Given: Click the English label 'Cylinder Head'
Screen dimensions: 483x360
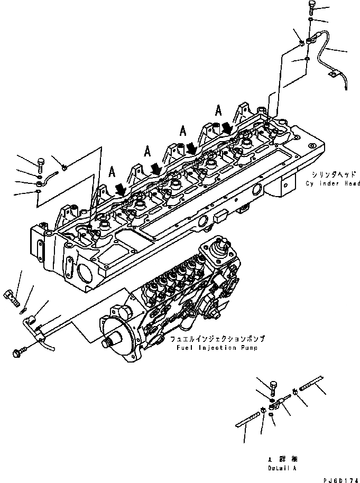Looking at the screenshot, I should [333, 183].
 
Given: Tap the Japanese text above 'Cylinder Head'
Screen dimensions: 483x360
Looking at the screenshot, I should [332, 174].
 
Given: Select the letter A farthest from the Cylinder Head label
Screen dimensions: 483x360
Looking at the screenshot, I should [112, 171].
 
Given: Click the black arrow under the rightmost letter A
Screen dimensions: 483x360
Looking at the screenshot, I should [227, 127].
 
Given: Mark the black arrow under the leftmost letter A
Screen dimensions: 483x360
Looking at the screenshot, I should [121, 189].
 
